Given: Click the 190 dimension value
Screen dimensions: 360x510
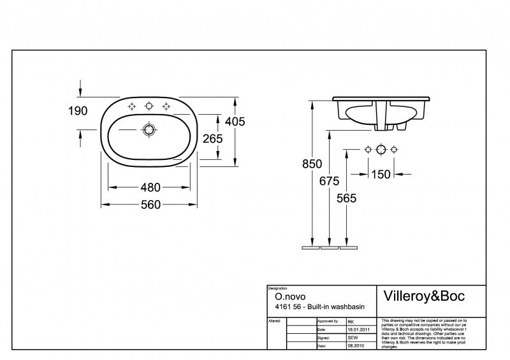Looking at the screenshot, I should point(77,111).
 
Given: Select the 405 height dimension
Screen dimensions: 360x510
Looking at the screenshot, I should point(235,121).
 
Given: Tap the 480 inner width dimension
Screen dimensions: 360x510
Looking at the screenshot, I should point(150,187).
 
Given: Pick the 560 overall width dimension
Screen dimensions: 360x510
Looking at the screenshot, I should point(150,205).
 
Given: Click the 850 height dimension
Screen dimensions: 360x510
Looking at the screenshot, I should point(311,164).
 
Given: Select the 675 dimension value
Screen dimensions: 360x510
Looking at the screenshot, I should point(329,181).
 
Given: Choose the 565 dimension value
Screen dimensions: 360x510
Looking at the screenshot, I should point(346,198).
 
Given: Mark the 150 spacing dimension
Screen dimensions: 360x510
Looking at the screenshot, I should point(381,173).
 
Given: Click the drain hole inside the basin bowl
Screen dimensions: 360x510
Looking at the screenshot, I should point(149,130).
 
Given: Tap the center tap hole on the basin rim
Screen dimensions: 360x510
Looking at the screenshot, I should point(149,106).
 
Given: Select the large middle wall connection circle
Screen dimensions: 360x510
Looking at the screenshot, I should point(381,150).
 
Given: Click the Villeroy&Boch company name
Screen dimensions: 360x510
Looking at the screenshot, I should point(423,296).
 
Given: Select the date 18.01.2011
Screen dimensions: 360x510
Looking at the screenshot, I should point(360,329).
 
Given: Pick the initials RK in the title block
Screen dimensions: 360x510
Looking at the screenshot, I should point(351,322).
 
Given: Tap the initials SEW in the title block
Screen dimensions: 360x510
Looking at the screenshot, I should point(353,337).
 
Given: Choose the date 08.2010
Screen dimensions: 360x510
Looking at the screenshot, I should point(356,345).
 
